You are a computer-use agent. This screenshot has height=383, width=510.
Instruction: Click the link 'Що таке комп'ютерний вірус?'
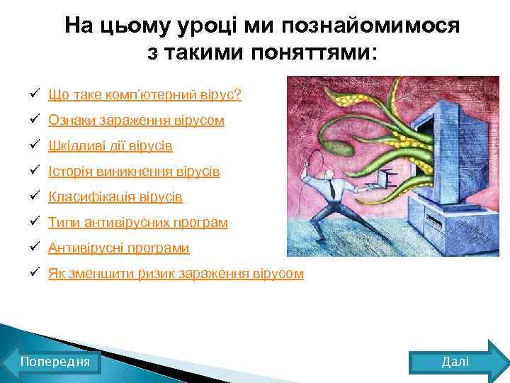click(144, 95)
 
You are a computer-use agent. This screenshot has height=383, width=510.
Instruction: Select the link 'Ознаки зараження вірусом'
click(136, 121)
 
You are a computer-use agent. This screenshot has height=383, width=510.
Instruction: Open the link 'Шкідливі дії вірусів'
click(110, 146)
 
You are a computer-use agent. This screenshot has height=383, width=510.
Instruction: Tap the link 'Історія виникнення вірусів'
click(134, 172)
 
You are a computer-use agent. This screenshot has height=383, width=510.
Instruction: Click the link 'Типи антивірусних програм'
click(138, 223)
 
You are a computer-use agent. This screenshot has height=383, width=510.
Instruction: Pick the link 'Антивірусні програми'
click(118, 248)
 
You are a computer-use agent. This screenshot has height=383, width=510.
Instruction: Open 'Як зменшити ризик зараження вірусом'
click(176, 274)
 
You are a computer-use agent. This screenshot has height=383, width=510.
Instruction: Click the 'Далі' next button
click(455, 362)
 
